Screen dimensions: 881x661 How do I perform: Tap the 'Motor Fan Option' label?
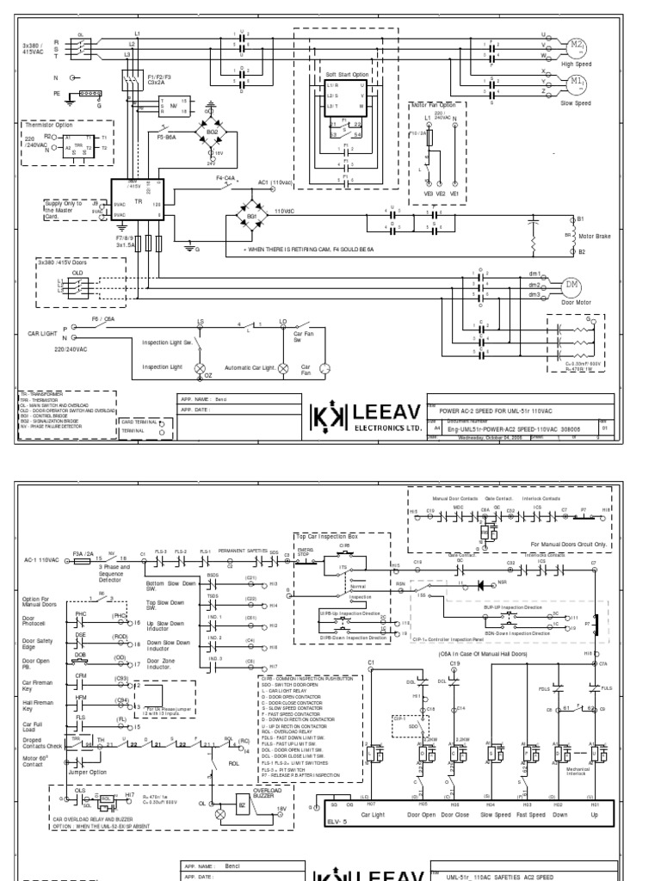click(x=433, y=105)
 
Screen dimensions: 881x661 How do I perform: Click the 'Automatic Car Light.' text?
click(x=250, y=367)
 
